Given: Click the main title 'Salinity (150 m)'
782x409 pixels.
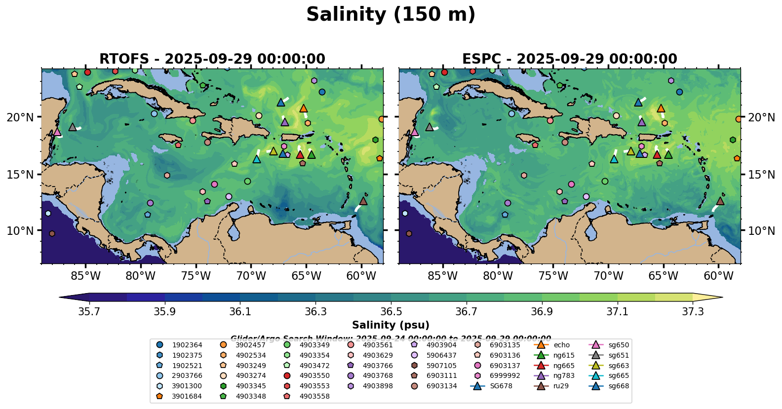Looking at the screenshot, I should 391,14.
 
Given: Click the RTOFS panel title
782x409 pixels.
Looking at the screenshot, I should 212,59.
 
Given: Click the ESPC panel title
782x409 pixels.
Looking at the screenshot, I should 569,59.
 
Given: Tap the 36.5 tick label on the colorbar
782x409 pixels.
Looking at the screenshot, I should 391,312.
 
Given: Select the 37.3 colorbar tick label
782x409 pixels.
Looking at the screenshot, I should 693,312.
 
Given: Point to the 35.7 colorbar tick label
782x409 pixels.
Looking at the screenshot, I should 89,312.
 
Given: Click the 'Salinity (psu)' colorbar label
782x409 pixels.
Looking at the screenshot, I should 391,325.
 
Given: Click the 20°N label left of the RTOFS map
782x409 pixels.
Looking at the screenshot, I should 20,117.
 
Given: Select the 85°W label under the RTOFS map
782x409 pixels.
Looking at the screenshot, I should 85,275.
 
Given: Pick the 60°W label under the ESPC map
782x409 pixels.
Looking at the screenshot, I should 718,275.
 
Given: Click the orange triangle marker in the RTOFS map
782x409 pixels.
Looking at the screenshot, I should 304,109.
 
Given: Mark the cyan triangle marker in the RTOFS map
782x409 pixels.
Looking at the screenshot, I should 256,159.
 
